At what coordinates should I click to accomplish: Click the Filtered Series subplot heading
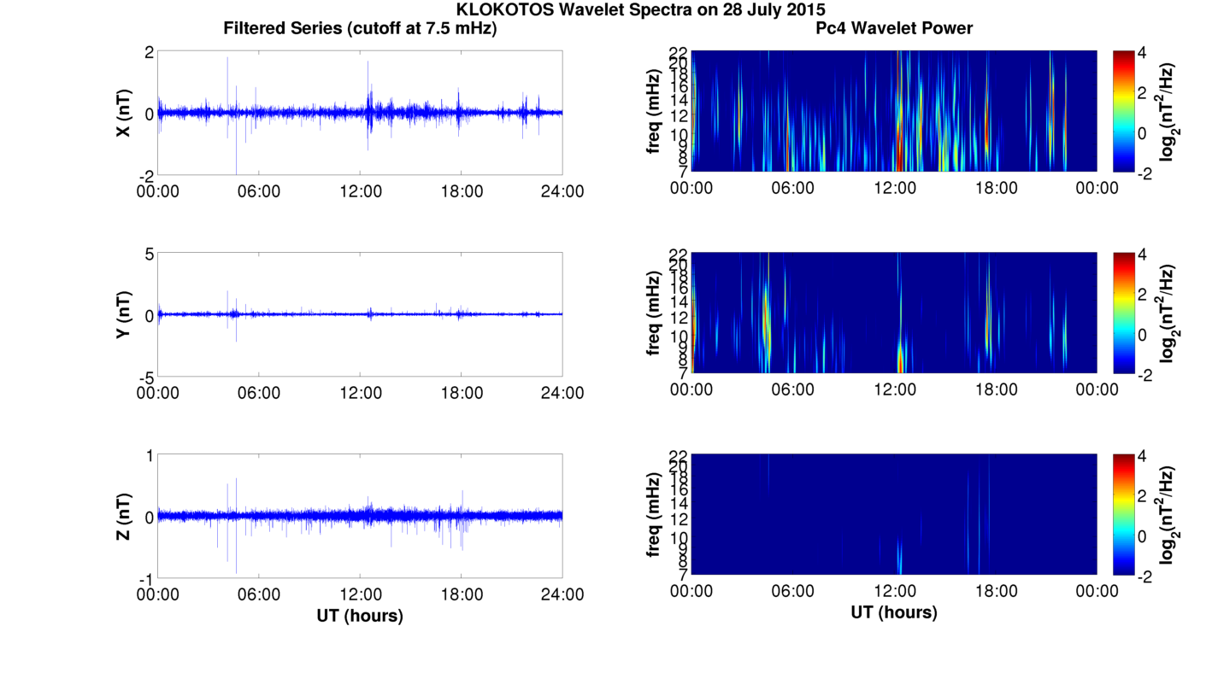(x=360, y=28)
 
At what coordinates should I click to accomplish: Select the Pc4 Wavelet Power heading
(x=894, y=28)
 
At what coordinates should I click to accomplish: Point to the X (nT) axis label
(x=123, y=114)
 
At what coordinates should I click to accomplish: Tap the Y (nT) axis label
(x=123, y=315)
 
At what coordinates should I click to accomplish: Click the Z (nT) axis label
(x=123, y=517)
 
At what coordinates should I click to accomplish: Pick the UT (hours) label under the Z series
(x=360, y=615)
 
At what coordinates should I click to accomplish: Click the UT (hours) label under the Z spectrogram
(x=894, y=612)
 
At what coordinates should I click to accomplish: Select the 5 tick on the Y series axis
(x=149, y=255)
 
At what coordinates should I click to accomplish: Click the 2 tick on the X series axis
(x=149, y=53)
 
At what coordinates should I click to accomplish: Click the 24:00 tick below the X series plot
(x=562, y=191)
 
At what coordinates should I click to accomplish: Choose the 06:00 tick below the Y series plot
(x=259, y=393)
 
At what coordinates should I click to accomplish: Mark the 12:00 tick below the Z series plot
(x=360, y=594)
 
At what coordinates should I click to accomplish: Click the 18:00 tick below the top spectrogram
(x=996, y=188)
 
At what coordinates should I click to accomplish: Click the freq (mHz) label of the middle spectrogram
(x=654, y=314)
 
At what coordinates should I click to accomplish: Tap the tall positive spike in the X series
(x=227, y=60)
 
